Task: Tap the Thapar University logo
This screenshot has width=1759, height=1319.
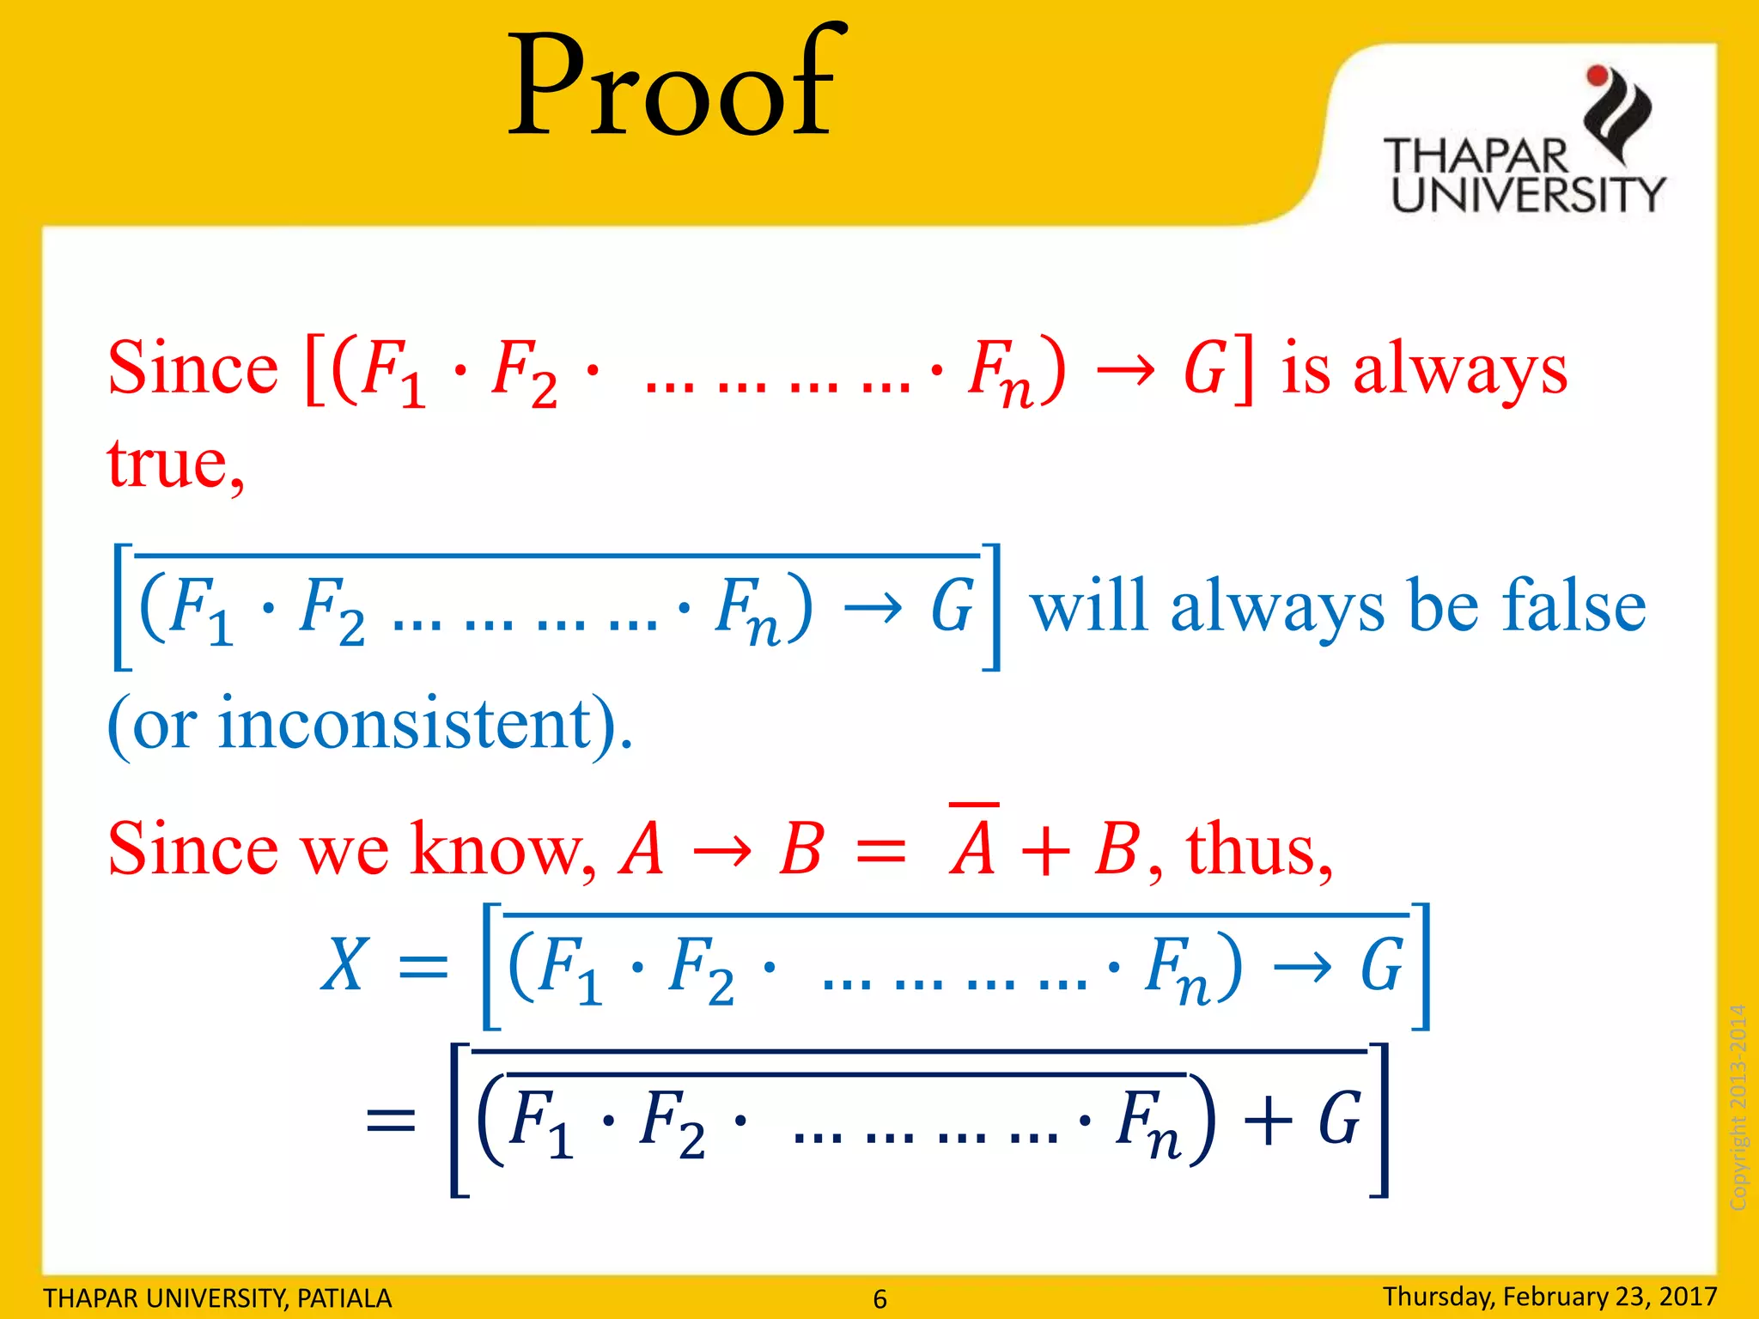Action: coord(1525,142)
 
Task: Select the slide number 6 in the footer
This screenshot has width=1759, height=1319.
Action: coord(879,1298)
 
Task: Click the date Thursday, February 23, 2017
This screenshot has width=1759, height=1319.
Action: coord(1549,1296)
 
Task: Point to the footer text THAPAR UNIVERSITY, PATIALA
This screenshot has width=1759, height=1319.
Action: coord(217,1298)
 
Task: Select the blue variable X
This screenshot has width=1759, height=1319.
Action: coord(344,963)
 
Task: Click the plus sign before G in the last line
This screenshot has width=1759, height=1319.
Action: coord(1267,1119)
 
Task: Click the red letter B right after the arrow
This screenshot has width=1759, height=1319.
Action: coord(801,849)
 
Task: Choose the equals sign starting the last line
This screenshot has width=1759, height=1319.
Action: coord(391,1121)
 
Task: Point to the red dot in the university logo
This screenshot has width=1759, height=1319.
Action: coord(1598,76)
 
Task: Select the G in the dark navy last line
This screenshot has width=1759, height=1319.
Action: coord(1339,1119)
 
